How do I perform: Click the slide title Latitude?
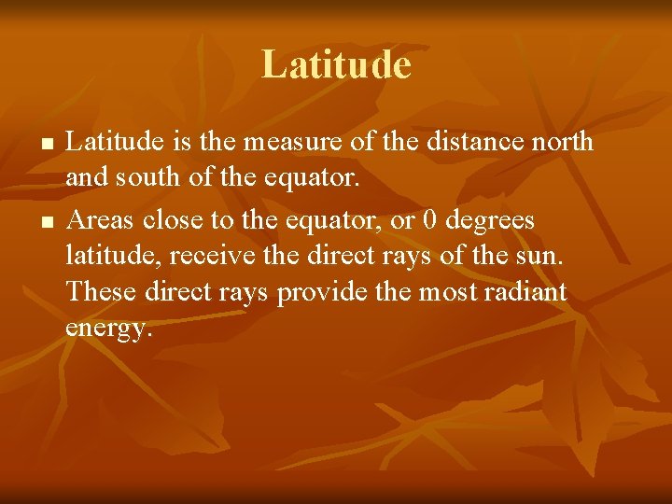tap(336, 65)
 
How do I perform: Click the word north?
tap(558, 141)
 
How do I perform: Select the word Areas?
tap(101, 220)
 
